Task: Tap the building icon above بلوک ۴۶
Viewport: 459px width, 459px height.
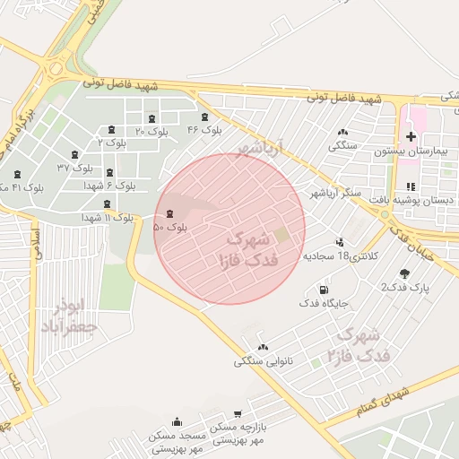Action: pyautogui.click(x=205, y=117)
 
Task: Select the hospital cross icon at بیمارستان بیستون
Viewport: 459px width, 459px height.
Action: pyautogui.click(x=411, y=137)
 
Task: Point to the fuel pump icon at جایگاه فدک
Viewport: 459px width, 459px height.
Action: pyautogui.click(x=324, y=290)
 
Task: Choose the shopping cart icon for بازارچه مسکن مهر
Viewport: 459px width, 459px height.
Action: pyautogui.click(x=237, y=414)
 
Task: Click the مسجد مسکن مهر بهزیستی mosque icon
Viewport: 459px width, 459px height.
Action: pyautogui.click(x=178, y=421)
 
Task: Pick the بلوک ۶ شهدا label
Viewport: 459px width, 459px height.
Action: pyautogui.click(x=109, y=186)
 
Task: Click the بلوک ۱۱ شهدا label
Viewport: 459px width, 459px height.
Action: pyautogui.click(x=108, y=217)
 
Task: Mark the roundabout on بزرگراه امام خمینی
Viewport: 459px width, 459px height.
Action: pyautogui.click(x=56, y=68)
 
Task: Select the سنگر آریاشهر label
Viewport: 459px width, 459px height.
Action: pyautogui.click(x=335, y=193)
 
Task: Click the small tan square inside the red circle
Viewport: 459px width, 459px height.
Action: pyautogui.click(x=281, y=235)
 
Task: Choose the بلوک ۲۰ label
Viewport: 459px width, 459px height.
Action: pyautogui.click(x=152, y=131)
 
